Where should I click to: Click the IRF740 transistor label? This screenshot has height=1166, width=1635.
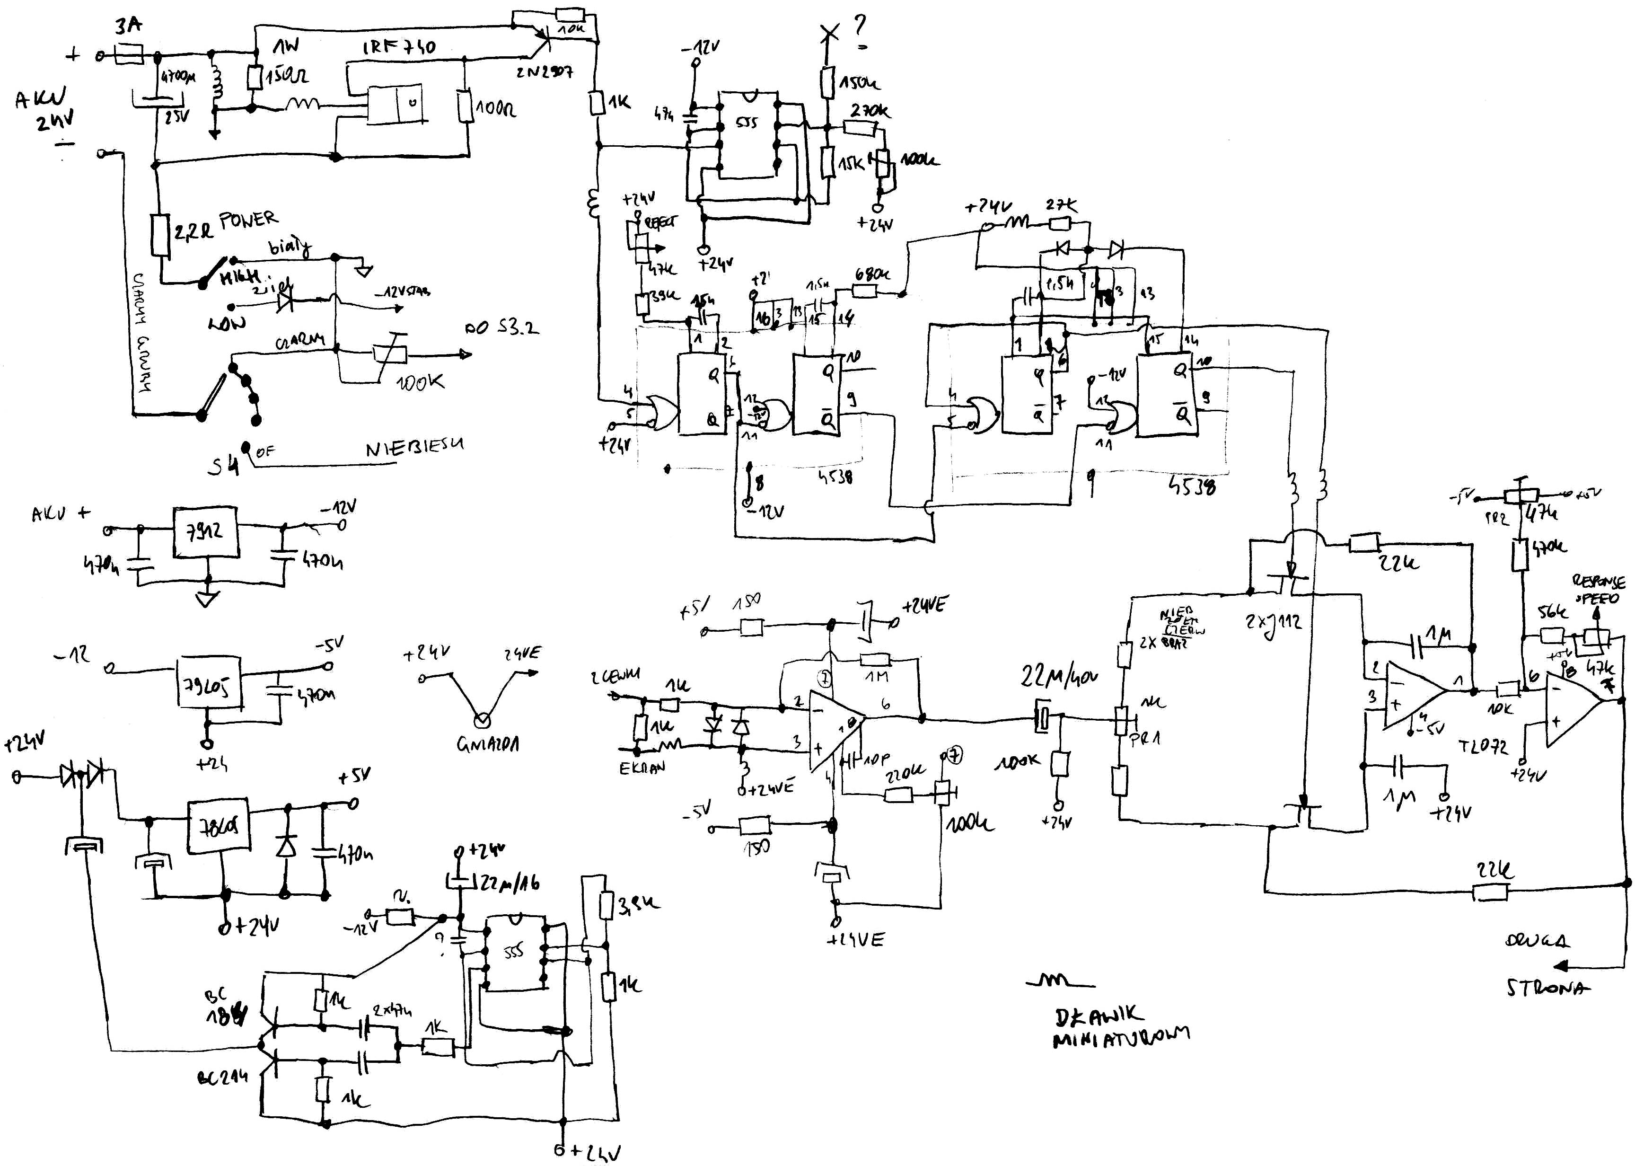point(399,47)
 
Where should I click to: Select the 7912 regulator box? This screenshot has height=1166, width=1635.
point(205,532)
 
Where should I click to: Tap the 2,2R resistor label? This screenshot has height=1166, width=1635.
point(193,230)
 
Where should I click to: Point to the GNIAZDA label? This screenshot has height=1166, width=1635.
point(488,744)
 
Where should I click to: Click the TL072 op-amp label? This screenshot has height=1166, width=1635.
point(1483,747)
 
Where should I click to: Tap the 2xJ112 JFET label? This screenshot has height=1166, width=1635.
point(1273,622)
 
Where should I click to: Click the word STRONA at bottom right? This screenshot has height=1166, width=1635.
point(1547,988)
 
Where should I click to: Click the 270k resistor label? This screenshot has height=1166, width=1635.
point(870,111)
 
